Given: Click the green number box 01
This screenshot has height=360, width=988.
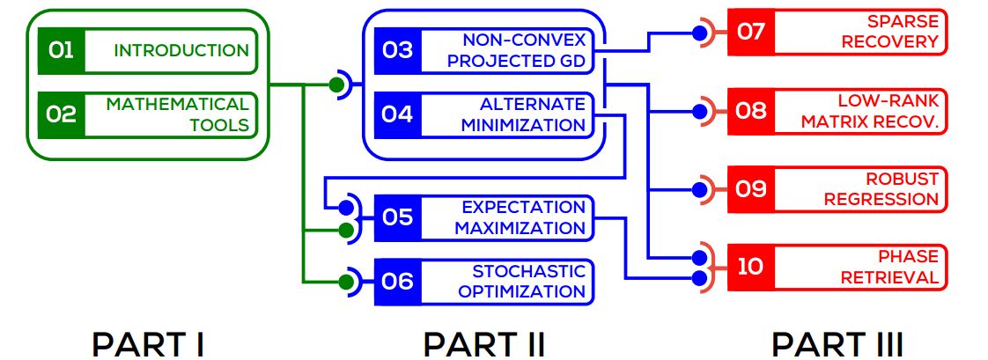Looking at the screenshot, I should (x=61, y=51).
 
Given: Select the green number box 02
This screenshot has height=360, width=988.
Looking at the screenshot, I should (x=61, y=114).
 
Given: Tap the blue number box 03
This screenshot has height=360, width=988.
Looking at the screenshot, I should (x=397, y=50).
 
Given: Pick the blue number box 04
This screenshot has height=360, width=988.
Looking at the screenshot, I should (x=397, y=114).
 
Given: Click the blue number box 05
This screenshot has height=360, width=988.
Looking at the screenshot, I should (x=397, y=217).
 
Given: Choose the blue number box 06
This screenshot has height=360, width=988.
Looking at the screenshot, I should (x=397, y=282).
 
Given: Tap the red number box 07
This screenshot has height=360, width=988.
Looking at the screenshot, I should (x=750, y=33).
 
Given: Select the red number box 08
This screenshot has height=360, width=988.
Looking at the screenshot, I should (x=750, y=111).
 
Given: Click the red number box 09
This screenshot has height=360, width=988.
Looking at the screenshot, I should (x=750, y=188).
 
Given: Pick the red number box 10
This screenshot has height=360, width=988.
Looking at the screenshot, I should (x=750, y=267).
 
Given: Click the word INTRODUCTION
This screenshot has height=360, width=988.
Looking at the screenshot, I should (x=181, y=51).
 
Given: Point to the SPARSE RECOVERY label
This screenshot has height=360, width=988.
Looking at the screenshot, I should (x=889, y=33).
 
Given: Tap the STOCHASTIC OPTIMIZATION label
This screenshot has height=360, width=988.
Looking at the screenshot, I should (x=522, y=282).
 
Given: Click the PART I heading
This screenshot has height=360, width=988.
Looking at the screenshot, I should (x=148, y=344).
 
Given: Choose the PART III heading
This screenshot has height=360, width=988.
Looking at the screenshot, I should (x=837, y=344).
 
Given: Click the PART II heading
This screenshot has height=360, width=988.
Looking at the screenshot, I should (x=484, y=344).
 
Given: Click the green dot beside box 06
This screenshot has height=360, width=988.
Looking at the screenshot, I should (x=347, y=282).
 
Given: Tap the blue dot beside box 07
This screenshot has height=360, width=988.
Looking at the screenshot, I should (x=700, y=33).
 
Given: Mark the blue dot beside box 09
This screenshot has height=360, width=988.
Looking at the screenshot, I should (x=700, y=188).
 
